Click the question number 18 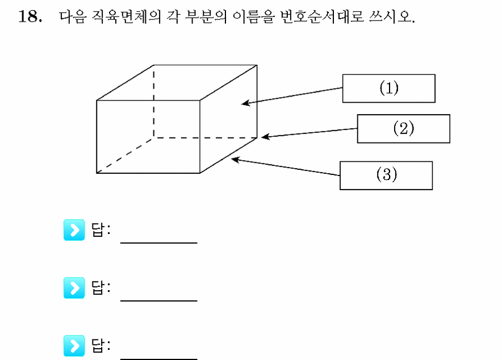click(30, 16)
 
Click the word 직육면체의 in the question click(126, 16)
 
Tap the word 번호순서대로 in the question click(322, 16)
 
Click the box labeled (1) click(388, 89)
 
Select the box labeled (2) click(403, 129)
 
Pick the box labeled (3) click(386, 175)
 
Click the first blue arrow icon click(74, 230)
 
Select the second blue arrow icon click(74, 288)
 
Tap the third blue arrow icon click(74, 346)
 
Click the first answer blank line click(159, 243)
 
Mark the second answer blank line click(159, 301)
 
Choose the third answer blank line click(159, 359)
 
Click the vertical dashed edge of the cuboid click(154, 102)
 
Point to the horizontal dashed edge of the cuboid click(206, 138)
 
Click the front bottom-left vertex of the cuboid click(97, 173)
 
